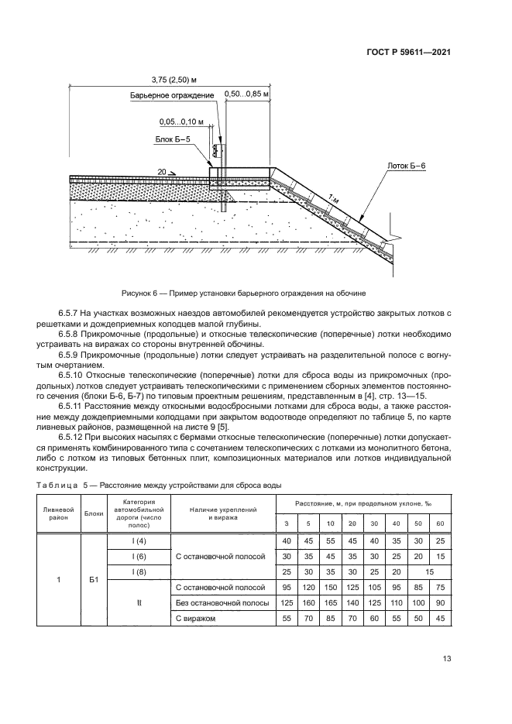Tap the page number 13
coord(446,659)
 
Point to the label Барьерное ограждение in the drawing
coord(172,95)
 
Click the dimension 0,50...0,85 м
coord(246,94)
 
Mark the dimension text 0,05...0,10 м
coord(181,122)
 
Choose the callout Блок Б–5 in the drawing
coord(172,140)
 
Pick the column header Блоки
coord(94,513)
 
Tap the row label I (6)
coord(139,556)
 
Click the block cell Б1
coord(94,578)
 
